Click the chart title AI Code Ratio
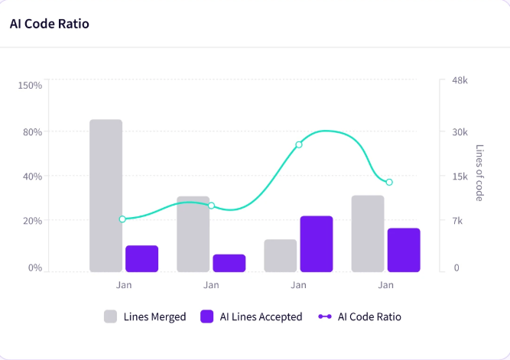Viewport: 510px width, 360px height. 50,24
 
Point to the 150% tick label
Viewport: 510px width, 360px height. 30,85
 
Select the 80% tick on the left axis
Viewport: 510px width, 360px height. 33,132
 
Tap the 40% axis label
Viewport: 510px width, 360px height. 33,177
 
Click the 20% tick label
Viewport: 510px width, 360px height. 33,221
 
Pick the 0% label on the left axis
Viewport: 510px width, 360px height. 35,268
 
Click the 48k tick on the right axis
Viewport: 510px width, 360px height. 460,80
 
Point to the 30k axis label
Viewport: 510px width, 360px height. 460,132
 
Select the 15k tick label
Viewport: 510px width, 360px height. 460,177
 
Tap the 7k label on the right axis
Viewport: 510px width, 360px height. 457,221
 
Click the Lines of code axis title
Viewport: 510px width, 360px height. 479,173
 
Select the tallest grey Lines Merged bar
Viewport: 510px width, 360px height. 106,196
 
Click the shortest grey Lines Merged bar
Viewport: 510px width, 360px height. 281,255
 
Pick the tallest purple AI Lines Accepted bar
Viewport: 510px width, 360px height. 317,244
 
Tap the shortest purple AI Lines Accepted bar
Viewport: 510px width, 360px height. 229,263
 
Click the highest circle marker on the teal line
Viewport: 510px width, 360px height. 299,144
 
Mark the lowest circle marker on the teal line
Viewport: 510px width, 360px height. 122,219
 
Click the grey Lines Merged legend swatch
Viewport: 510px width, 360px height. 110,316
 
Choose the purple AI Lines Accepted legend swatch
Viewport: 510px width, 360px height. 207,316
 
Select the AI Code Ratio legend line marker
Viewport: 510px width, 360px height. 325,316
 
